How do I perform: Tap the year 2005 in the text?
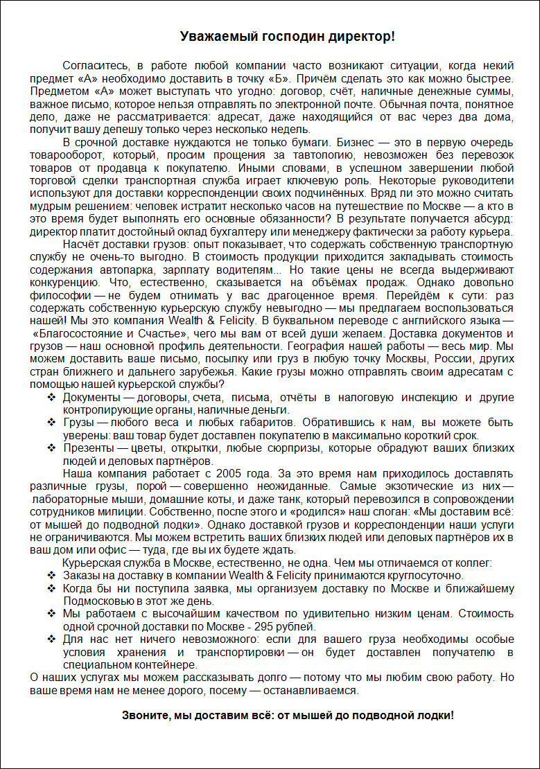[x=230, y=474]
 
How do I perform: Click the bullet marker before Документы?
[x=52, y=398]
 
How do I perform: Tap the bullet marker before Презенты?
[x=52, y=448]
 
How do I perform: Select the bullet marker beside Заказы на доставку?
[x=52, y=576]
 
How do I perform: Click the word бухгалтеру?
[x=289, y=232]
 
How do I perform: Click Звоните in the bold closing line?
[x=143, y=715]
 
